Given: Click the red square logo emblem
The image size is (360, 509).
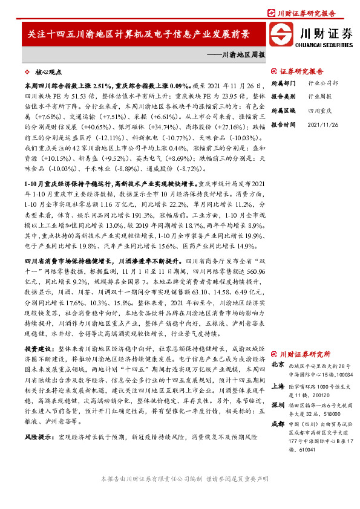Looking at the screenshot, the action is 281,34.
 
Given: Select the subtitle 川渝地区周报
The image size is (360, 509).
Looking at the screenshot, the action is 240,54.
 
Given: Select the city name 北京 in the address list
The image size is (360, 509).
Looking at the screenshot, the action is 278,365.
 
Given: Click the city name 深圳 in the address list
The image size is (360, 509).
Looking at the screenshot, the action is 278,404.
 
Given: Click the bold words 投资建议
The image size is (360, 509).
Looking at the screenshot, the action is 38,349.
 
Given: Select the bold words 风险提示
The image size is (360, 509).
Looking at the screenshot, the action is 38,418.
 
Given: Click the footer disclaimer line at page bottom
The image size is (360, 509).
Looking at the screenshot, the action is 180,494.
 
